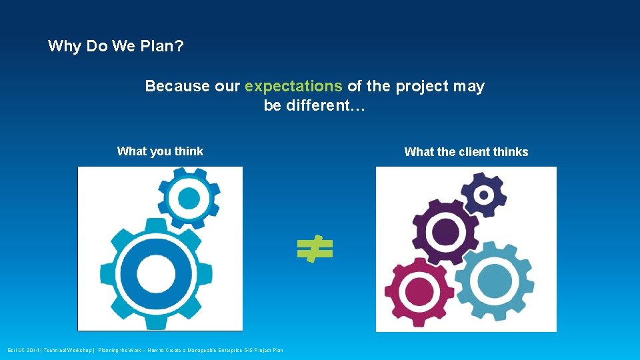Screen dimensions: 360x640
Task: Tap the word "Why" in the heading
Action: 65,47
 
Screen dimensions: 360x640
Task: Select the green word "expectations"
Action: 293,86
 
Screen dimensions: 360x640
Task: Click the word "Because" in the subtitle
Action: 177,86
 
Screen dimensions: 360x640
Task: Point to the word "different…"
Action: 315,105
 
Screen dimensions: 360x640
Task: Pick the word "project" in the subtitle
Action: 424,86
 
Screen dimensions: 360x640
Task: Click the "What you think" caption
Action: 160,151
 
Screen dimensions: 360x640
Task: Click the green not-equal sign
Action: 315,249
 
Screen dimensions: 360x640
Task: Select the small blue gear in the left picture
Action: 189,198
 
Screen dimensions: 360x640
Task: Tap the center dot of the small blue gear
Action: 189,198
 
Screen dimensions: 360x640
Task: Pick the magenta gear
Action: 419,291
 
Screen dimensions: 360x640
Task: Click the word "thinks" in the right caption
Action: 511,152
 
